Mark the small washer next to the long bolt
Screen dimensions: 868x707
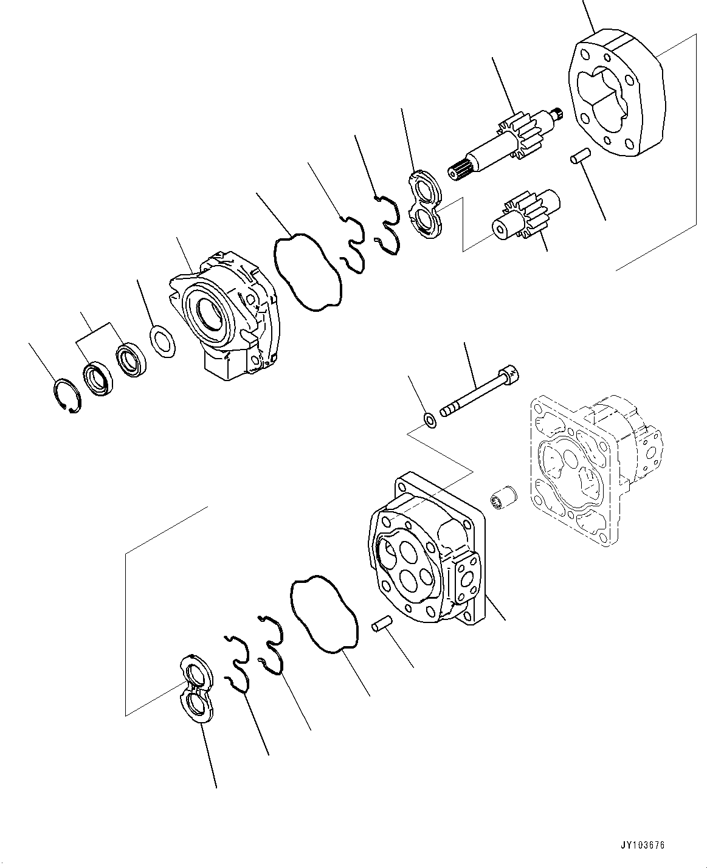pyautogui.click(x=429, y=419)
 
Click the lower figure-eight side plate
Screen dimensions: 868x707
pyautogui.click(x=198, y=688)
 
